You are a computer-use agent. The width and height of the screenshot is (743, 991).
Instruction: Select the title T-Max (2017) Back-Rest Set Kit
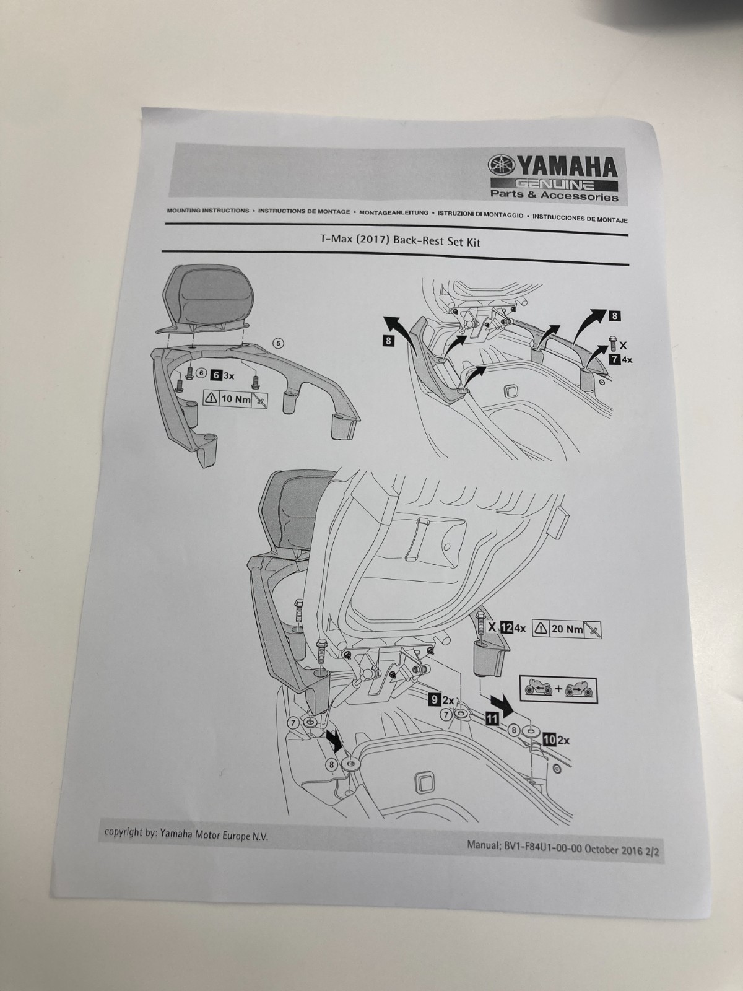(x=396, y=242)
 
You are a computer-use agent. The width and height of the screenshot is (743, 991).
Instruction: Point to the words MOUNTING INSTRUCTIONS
(x=208, y=211)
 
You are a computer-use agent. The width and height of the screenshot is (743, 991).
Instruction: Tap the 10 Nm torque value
(x=236, y=399)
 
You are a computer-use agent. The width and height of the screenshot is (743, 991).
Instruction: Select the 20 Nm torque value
(x=567, y=629)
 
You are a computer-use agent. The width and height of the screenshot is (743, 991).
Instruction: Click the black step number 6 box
(x=216, y=375)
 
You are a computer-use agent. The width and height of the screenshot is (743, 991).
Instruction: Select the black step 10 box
(x=549, y=739)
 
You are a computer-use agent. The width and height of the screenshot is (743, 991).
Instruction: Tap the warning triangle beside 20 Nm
(x=539, y=629)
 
